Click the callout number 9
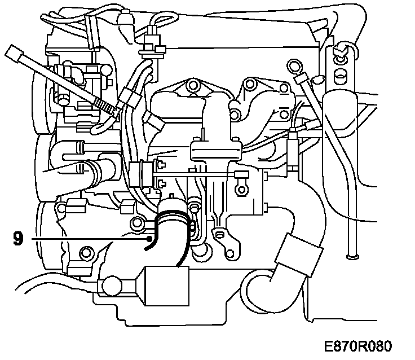(x=18, y=238)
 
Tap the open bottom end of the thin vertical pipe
(x=352, y=258)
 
